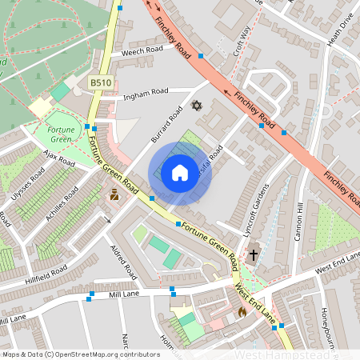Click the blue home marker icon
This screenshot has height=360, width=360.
click(180, 173)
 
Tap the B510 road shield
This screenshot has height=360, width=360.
click(100, 82)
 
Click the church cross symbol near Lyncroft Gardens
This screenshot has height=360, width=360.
click(254, 255)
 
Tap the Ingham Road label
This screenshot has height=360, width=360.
click(146, 95)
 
